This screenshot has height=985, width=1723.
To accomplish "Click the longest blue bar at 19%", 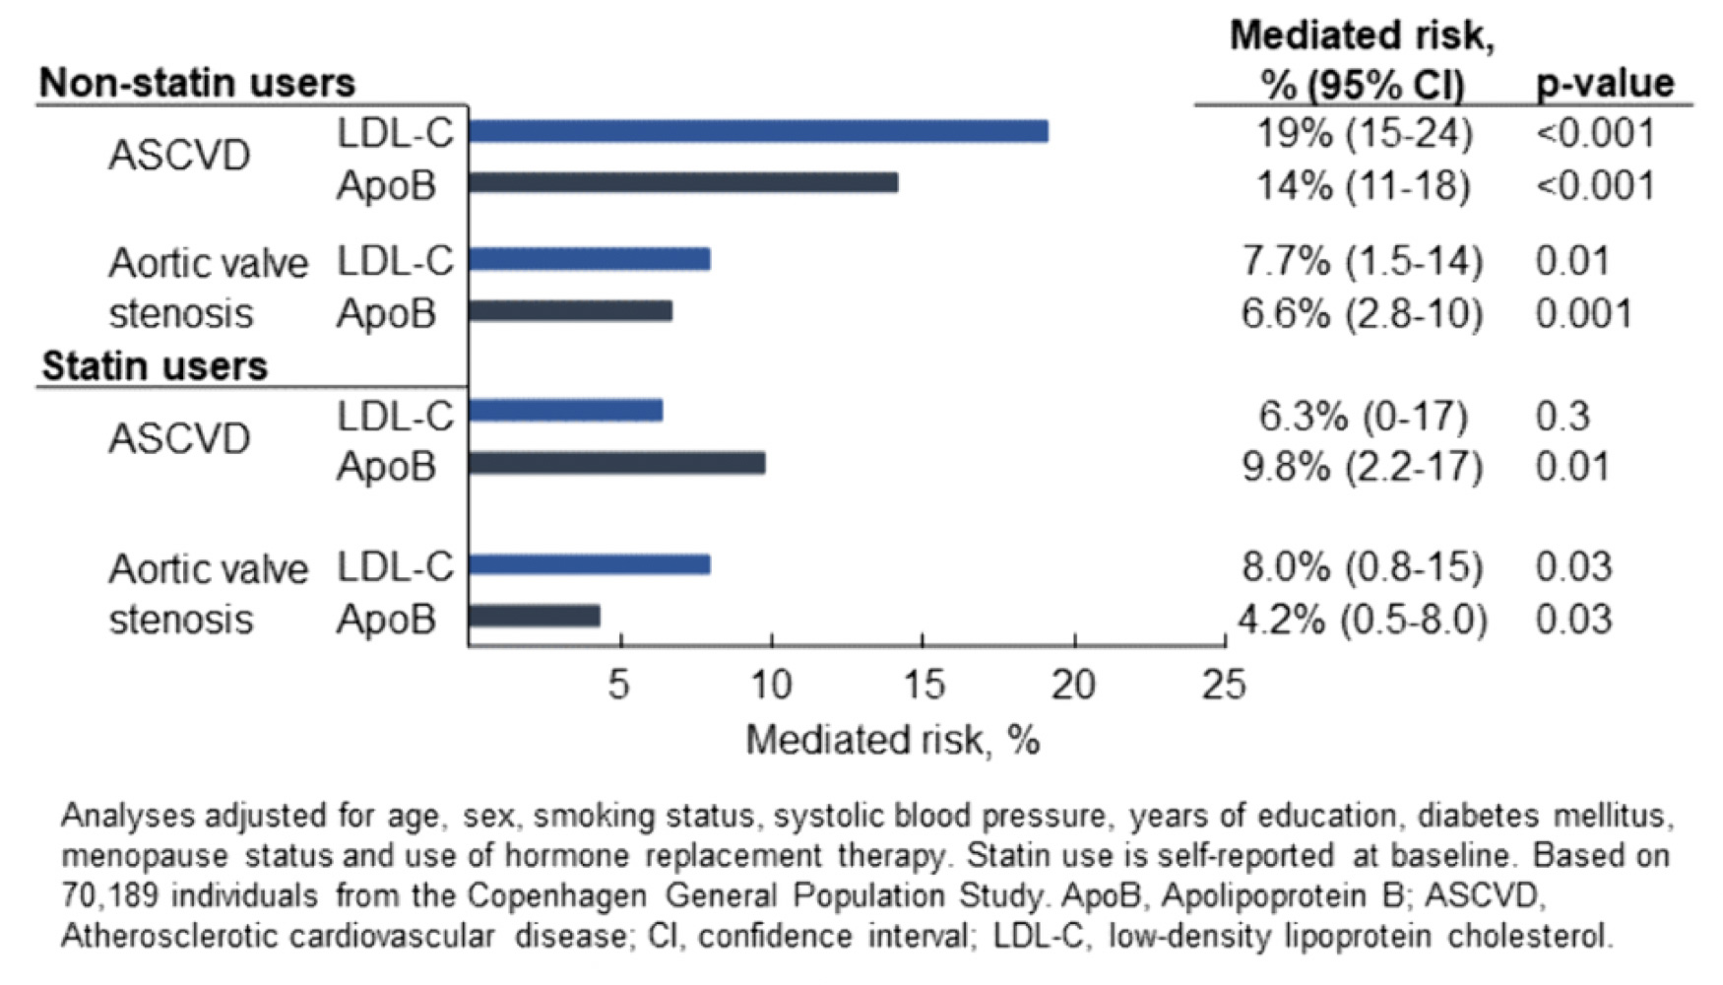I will (758, 131).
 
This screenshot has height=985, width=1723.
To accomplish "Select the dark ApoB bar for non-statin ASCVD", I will (683, 183).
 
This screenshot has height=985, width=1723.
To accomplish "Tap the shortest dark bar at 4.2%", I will (535, 617).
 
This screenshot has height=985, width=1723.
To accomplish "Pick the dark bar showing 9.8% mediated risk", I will (617, 463).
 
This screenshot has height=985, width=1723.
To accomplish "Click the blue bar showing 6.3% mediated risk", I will (566, 411).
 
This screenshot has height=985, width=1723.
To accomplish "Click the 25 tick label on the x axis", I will (1224, 684).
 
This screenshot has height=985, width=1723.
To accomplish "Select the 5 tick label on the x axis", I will (618, 684).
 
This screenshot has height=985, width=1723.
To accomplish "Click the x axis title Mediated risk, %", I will (892, 739).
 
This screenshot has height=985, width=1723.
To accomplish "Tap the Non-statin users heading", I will (197, 83).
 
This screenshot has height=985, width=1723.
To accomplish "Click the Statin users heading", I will (155, 366).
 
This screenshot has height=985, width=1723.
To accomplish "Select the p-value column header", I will (1605, 83).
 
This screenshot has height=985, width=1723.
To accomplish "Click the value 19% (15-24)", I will (1365, 133).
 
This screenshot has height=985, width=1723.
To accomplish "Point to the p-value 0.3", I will (1563, 416).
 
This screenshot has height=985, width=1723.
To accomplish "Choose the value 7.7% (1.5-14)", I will (1363, 261).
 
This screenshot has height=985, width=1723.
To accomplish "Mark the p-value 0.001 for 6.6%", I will (1583, 313).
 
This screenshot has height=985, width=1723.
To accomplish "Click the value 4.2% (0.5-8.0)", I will (1363, 620).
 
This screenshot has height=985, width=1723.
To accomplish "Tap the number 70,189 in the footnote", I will (105, 895).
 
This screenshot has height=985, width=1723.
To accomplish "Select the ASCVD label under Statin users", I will (179, 438).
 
